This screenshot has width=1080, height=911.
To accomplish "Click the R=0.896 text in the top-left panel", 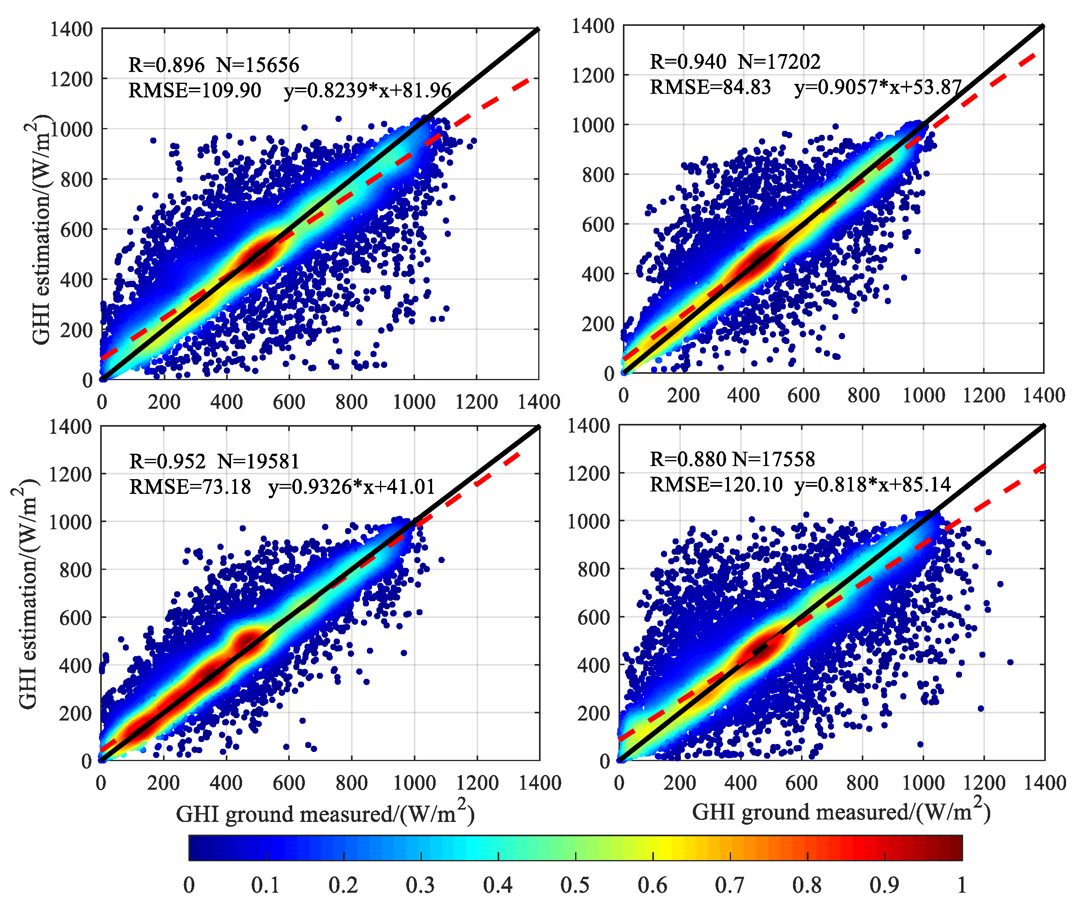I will [x=166, y=65].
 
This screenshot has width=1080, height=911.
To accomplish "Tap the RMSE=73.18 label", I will [x=190, y=486].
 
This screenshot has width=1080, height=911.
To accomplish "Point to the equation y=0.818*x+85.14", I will [x=872, y=484].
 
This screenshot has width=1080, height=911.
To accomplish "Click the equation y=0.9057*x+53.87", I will [x=878, y=87].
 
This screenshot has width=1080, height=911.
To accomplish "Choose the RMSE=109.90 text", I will [x=195, y=90].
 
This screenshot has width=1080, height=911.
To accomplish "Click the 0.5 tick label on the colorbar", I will [x=575, y=885].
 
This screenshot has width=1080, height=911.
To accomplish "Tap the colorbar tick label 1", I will [x=961, y=885].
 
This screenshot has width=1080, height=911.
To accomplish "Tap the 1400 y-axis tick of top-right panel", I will [x=593, y=25].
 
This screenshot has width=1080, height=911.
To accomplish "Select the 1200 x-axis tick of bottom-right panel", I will [x=984, y=783].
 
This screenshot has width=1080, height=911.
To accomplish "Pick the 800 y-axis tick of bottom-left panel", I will [x=76, y=570].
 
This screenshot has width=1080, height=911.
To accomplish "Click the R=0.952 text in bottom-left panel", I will [x=167, y=461].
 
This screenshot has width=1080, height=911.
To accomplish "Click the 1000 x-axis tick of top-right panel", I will [x=923, y=396].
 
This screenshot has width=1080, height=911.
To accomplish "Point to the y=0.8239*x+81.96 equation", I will [x=368, y=90].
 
